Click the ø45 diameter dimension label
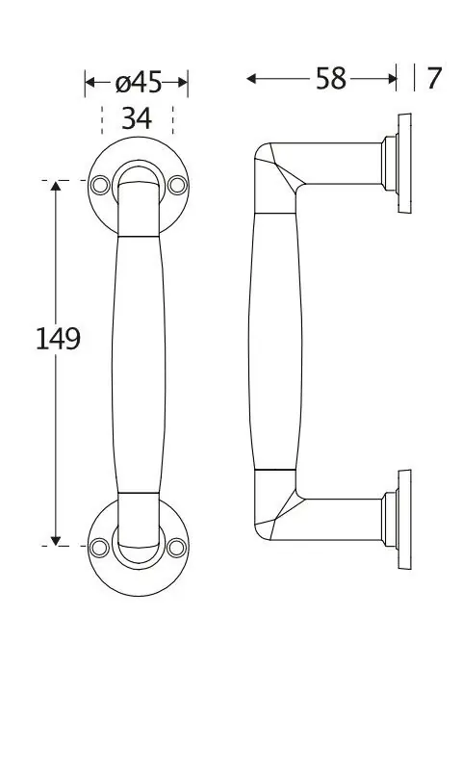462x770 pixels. (139, 83)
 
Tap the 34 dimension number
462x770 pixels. (137, 118)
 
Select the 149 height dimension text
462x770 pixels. (58, 339)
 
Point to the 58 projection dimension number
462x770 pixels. (331, 79)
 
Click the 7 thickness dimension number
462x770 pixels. (433, 79)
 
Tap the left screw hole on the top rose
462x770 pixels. (100, 185)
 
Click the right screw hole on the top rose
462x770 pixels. (177, 185)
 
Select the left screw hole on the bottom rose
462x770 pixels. (99, 548)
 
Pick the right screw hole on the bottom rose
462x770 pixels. (177, 548)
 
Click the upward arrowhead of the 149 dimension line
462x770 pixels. (56, 186)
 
